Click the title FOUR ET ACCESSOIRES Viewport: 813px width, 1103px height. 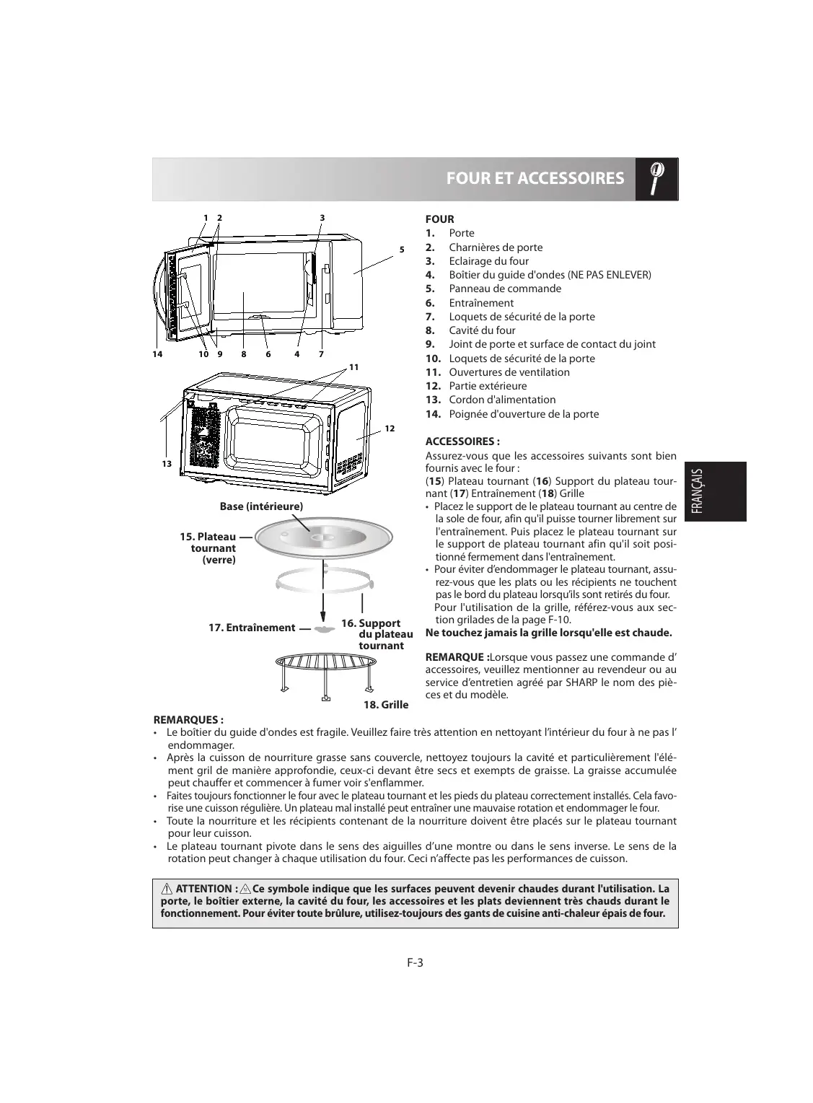pyautogui.click(x=535, y=178)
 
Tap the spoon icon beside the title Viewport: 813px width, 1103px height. pyautogui.click(x=657, y=178)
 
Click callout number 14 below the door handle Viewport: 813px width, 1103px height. pyautogui.click(x=157, y=354)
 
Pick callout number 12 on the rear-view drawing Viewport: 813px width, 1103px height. pyautogui.click(x=390, y=429)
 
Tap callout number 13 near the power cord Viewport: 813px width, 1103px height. pyautogui.click(x=167, y=464)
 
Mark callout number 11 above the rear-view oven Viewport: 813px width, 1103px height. pyautogui.click(x=353, y=367)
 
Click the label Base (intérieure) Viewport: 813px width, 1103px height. pyautogui.click(x=261, y=506)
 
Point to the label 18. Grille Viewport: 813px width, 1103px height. pyautogui.click(x=386, y=705)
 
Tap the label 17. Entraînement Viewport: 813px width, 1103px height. pyautogui.click(x=252, y=628)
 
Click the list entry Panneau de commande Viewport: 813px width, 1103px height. pyautogui.click(x=504, y=289)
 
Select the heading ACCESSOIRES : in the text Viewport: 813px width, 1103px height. pyautogui.click(x=462, y=441)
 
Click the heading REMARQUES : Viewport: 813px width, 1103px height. pyautogui.click(x=189, y=720)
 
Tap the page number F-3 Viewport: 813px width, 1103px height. pyautogui.click(x=414, y=962)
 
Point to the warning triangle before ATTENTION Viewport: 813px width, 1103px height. pyautogui.click(x=167, y=889)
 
